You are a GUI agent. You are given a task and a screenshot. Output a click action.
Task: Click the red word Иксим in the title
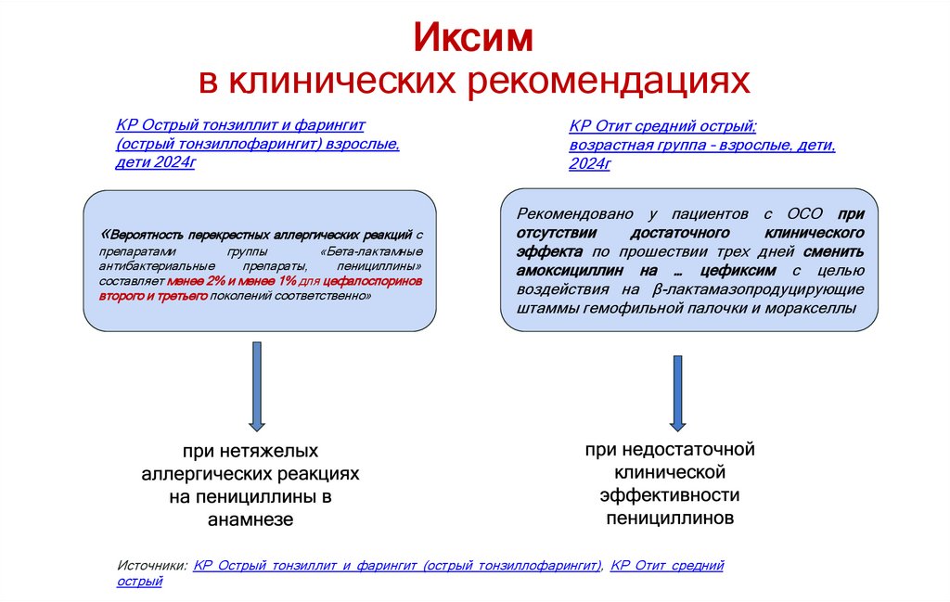[x=473, y=38]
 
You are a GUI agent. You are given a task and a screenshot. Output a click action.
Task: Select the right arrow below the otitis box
[x=677, y=391]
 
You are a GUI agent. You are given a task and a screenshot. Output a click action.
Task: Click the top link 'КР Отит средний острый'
[x=662, y=127]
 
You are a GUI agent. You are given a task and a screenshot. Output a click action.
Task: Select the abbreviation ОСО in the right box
[x=798, y=214]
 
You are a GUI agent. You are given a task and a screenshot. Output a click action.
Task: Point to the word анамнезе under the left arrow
[x=251, y=520]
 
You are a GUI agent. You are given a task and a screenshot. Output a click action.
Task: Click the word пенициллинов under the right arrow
[x=670, y=518]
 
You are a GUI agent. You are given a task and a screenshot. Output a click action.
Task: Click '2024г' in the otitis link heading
[x=589, y=164]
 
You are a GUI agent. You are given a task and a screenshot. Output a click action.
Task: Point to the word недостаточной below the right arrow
[x=670, y=450]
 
